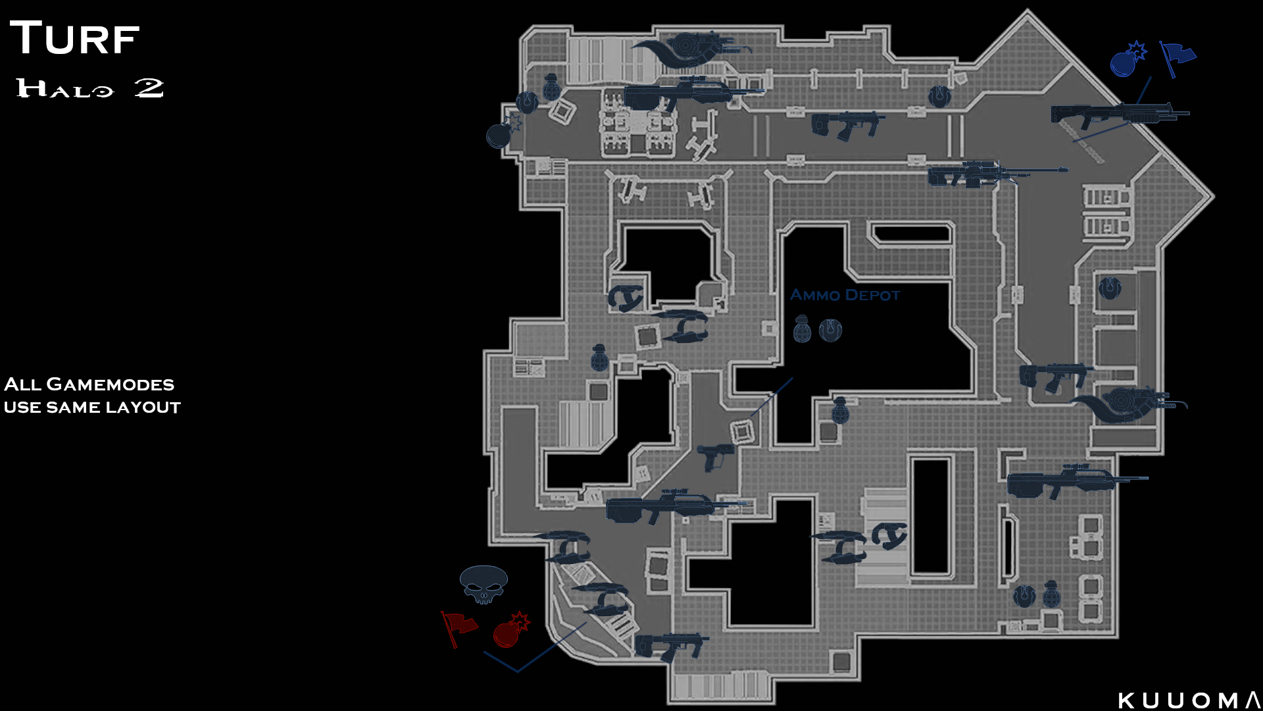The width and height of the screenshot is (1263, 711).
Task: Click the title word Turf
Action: pyautogui.click(x=74, y=38)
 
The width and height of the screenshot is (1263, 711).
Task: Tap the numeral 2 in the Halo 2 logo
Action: pyautogui.click(x=149, y=88)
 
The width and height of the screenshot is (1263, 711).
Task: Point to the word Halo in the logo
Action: pyautogui.click(x=65, y=88)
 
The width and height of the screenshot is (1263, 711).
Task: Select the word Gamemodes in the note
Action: pyautogui.click(x=111, y=384)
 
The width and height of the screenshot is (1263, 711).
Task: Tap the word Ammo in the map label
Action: pyautogui.click(x=814, y=295)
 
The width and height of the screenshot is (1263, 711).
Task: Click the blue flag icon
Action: pyautogui.click(x=1176, y=57)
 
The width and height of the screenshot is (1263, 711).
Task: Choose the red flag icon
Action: pyautogui.click(x=458, y=627)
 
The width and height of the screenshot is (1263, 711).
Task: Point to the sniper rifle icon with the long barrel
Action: pyautogui.click(x=997, y=173)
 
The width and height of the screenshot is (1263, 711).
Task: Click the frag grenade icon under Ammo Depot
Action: pyautogui.click(x=802, y=329)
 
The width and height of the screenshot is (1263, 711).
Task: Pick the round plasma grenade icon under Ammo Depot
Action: pyautogui.click(x=830, y=329)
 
